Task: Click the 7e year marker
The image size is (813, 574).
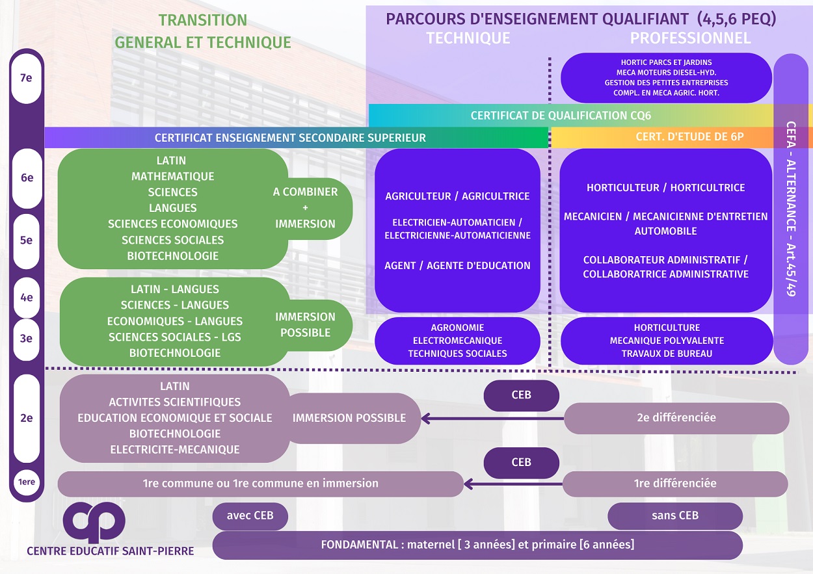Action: point(26,79)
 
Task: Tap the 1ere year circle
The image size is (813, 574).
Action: point(27,482)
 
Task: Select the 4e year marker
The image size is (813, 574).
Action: point(27,298)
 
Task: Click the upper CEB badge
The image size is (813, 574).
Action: point(521,395)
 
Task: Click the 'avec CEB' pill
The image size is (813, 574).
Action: point(250,515)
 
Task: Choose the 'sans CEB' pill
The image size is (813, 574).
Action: point(675,515)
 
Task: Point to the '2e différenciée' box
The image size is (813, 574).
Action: point(676,418)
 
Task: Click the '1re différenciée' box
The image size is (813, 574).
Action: point(675,484)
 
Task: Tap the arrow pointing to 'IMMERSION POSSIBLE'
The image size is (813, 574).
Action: point(492,419)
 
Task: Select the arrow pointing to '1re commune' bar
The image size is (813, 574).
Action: point(513,484)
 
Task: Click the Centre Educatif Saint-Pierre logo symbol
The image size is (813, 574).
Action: point(94,521)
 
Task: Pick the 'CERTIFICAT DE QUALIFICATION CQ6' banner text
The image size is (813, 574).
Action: point(561,116)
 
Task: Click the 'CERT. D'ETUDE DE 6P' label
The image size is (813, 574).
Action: point(689,137)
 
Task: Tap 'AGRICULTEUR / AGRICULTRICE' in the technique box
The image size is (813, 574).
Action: point(457,196)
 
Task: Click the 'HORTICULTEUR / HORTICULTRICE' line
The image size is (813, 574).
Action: point(665,188)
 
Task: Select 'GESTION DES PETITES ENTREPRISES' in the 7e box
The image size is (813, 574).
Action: point(667,83)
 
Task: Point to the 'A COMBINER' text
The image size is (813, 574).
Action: point(305,192)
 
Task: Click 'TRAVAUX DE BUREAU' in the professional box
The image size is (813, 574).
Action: point(667,354)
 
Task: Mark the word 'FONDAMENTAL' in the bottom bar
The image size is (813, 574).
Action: point(359,545)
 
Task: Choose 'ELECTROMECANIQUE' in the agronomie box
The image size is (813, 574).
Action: point(457,341)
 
